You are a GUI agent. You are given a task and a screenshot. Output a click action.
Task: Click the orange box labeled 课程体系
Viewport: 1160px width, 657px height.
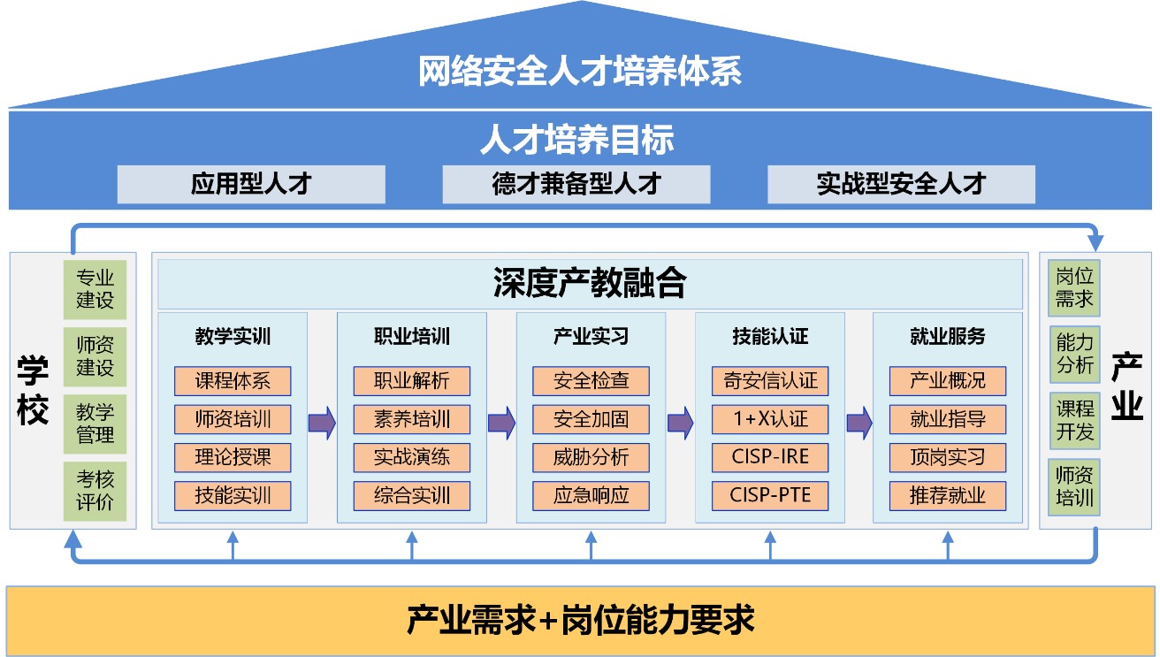[x=233, y=381]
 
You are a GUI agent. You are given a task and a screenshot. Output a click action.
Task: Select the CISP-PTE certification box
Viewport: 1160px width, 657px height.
[x=770, y=495]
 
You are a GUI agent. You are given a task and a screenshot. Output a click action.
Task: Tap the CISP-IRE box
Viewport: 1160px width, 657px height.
[x=770, y=457]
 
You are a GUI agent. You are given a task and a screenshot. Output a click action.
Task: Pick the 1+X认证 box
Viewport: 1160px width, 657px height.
[x=770, y=419]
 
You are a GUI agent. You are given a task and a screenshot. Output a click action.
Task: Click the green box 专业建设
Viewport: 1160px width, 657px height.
[x=95, y=289]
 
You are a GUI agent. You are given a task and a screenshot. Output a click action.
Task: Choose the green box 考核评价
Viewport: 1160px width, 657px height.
[x=95, y=491]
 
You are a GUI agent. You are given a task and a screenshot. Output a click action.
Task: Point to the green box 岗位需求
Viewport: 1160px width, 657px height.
[x=1074, y=288]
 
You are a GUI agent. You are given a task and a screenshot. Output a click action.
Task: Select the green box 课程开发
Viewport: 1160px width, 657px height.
[x=1074, y=420]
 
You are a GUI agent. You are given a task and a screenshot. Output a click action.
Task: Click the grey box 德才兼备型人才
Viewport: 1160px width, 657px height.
[x=576, y=184]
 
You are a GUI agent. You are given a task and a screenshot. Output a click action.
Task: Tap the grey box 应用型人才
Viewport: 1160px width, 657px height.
[x=251, y=184]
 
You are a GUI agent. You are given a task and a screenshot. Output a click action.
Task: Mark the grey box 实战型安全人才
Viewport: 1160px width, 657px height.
[x=901, y=184]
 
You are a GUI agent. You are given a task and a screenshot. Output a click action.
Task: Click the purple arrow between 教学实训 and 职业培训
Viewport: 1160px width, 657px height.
[x=322, y=423]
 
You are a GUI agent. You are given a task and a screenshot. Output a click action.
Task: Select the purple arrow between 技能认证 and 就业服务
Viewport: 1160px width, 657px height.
[x=859, y=423]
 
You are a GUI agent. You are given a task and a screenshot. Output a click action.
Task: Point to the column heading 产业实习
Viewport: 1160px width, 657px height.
[x=591, y=337]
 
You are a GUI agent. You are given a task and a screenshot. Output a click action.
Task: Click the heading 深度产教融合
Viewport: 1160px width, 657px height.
[x=590, y=283]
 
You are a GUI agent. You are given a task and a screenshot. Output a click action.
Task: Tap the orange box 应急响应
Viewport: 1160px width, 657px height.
[x=591, y=495]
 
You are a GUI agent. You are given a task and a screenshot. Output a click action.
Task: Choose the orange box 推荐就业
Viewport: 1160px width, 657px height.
[x=948, y=495]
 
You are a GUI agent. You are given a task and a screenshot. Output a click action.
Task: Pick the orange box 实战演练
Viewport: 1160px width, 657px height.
[x=412, y=457]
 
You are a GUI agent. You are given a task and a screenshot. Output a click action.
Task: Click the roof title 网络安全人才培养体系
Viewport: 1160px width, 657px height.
[x=580, y=72]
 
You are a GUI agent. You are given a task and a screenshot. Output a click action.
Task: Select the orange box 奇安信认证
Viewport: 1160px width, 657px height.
[x=770, y=381]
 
